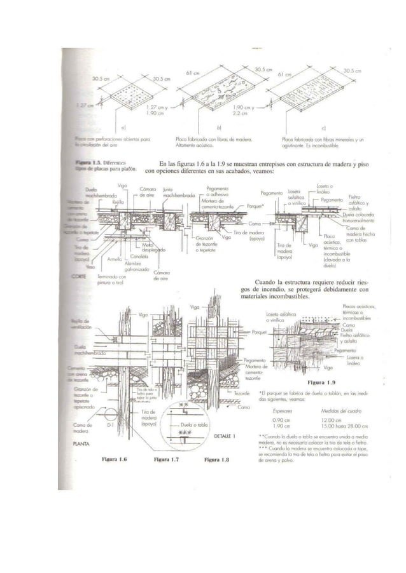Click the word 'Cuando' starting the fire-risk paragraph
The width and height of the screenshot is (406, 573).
click(x=265, y=281)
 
